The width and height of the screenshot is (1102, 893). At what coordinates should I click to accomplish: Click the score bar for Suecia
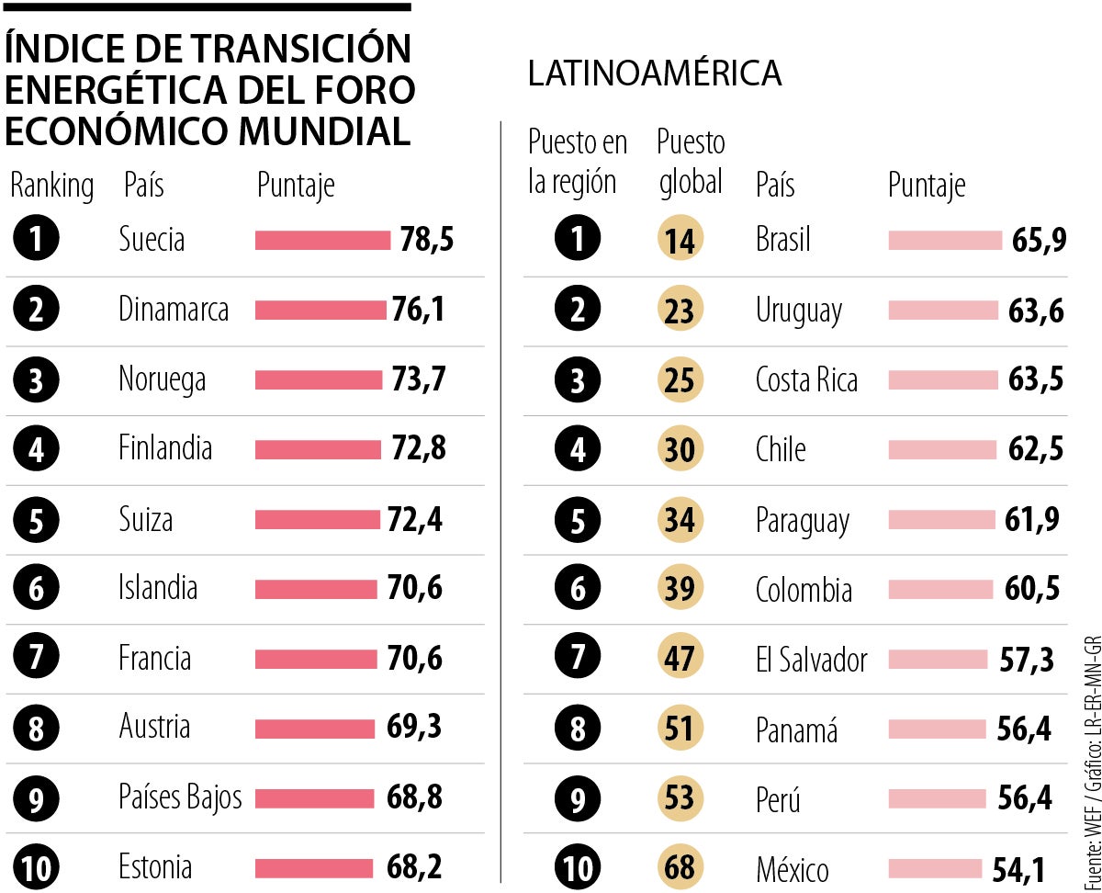322,241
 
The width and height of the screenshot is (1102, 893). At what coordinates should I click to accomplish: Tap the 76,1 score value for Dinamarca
418,310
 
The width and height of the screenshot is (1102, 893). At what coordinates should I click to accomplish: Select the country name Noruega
162,379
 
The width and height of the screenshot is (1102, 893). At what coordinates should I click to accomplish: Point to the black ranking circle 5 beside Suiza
37,520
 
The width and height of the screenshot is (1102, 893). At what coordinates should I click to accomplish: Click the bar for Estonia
314,868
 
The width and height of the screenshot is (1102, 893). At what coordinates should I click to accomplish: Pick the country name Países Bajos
180,797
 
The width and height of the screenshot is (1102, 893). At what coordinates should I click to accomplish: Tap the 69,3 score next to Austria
414,727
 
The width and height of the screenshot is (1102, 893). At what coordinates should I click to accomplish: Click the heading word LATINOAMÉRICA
654,74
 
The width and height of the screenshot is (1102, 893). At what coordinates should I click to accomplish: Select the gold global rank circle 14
680,241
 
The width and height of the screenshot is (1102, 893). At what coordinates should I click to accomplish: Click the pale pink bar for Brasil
945,241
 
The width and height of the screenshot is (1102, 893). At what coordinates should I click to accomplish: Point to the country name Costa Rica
806,379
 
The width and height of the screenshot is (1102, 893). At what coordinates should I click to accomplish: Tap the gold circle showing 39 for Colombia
680,589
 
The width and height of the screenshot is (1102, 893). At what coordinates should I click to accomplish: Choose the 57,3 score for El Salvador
1027,659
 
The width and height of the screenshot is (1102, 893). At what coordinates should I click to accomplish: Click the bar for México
935,868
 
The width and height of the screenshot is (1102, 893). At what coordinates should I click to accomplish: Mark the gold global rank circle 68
680,868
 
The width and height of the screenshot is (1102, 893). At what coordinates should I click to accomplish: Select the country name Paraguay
802,520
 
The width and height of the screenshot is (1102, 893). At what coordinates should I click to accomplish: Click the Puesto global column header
691,162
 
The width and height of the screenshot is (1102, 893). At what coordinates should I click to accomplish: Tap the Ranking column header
51,186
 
